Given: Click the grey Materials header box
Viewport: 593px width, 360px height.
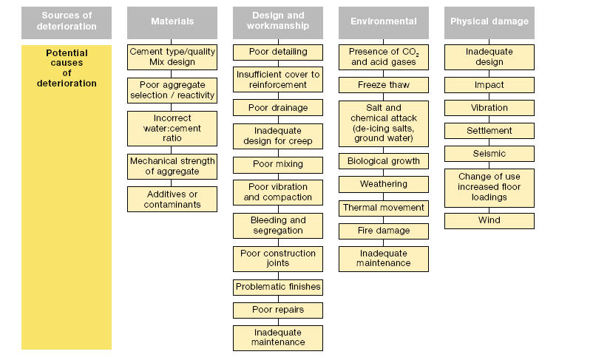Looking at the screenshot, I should tap(172, 22).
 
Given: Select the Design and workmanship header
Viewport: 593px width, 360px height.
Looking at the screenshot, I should tap(278, 22).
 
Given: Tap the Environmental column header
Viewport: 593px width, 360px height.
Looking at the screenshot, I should tap(384, 22).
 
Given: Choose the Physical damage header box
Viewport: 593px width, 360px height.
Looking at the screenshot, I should tap(489, 22).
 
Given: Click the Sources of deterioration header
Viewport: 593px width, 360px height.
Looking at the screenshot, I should tap(67, 22).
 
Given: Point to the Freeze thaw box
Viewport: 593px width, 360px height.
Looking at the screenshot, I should tap(384, 85).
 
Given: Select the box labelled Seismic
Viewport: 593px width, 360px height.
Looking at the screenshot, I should tap(489, 154).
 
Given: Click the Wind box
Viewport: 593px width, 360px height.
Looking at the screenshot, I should tap(489, 220).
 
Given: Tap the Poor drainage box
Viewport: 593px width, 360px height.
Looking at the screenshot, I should tap(278, 108).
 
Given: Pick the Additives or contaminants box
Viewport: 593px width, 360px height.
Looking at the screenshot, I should tap(172, 199).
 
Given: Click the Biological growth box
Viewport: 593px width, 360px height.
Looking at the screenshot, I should tap(384, 161).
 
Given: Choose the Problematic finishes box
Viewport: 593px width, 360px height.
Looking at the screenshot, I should tap(278, 286).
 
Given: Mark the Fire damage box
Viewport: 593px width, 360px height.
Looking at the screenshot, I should tap(384, 231).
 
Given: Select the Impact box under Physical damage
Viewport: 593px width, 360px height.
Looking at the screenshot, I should tap(489, 85).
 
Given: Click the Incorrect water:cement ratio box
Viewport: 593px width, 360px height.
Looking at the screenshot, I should tap(172, 128).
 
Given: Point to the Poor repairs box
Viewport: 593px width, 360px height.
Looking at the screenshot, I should tap(278, 309).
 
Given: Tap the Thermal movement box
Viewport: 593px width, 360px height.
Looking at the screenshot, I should tap(384, 208).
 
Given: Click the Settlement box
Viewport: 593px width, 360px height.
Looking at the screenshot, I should tap(489, 131).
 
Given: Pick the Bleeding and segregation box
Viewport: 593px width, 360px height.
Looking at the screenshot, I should tap(278, 225).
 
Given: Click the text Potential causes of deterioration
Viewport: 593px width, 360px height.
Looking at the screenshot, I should tap(67, 68).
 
